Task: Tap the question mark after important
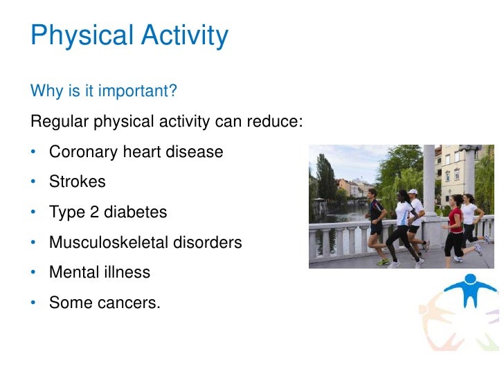click(x=174, y=91)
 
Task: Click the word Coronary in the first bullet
click(x=82, y=152)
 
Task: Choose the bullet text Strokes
click(x=77, y=182)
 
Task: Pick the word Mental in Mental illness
click(x=71, y=273)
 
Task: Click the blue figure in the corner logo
click(x=471, y=290)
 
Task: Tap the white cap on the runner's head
click(x=413, y=192)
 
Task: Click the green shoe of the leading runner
click(x=382, y=262)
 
